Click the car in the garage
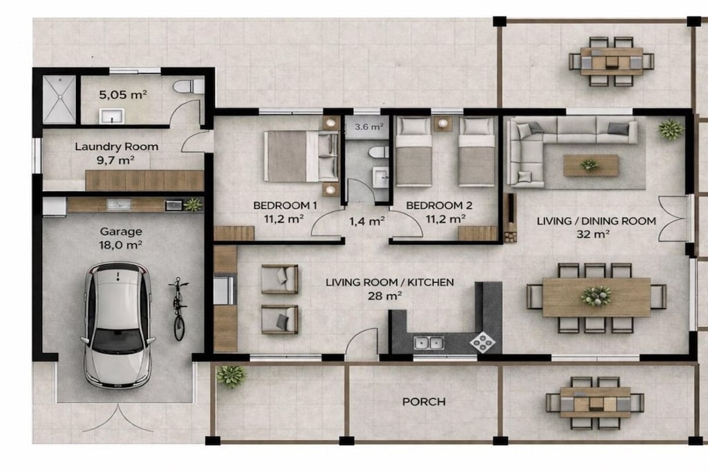click(118, 325)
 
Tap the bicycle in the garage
click(179, 309)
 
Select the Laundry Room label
click(116, 147)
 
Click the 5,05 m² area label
click(123, 95)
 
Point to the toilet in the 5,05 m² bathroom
click(189, 86)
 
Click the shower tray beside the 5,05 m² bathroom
click(59, 100)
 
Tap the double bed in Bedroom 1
click(301, 156)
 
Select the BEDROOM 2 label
click(439, 205)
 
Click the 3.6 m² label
click(369, 126)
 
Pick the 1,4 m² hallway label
click(366, 221)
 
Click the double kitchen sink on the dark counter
click(429, 343)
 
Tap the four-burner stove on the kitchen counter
click(482, 342)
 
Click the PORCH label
click(424, 402)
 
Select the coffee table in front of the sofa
click(590, 166)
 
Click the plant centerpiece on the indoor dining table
click(596, 296)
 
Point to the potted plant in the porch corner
click(231, 376)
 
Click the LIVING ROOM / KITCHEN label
click(390, 283)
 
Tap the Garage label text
click(121, 232)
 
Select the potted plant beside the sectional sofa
click(671, 129)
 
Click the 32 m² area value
click(593, 234)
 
